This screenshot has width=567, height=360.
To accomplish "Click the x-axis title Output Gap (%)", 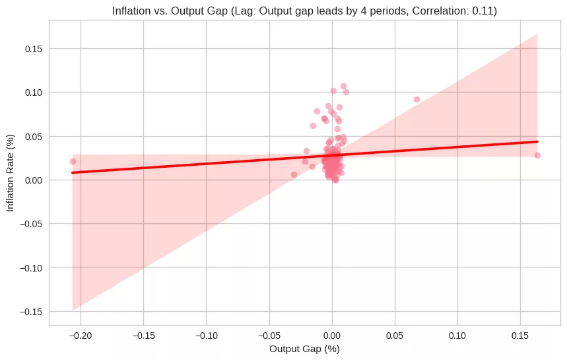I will [304, 348].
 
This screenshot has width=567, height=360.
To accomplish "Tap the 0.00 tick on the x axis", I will [332, 335].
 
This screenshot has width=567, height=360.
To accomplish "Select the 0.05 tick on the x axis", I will [395, 335].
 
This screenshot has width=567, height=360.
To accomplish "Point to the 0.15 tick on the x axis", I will [520, 335].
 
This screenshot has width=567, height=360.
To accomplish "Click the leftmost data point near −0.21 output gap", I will [73, 161].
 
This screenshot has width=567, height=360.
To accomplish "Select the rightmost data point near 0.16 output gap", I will [537, 155].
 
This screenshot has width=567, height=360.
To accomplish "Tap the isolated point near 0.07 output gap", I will [417, 99].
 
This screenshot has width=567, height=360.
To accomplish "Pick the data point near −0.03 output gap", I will [294, 174].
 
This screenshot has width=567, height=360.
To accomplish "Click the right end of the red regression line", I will [537, 141].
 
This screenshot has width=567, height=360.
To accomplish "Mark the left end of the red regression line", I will [73, 172].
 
